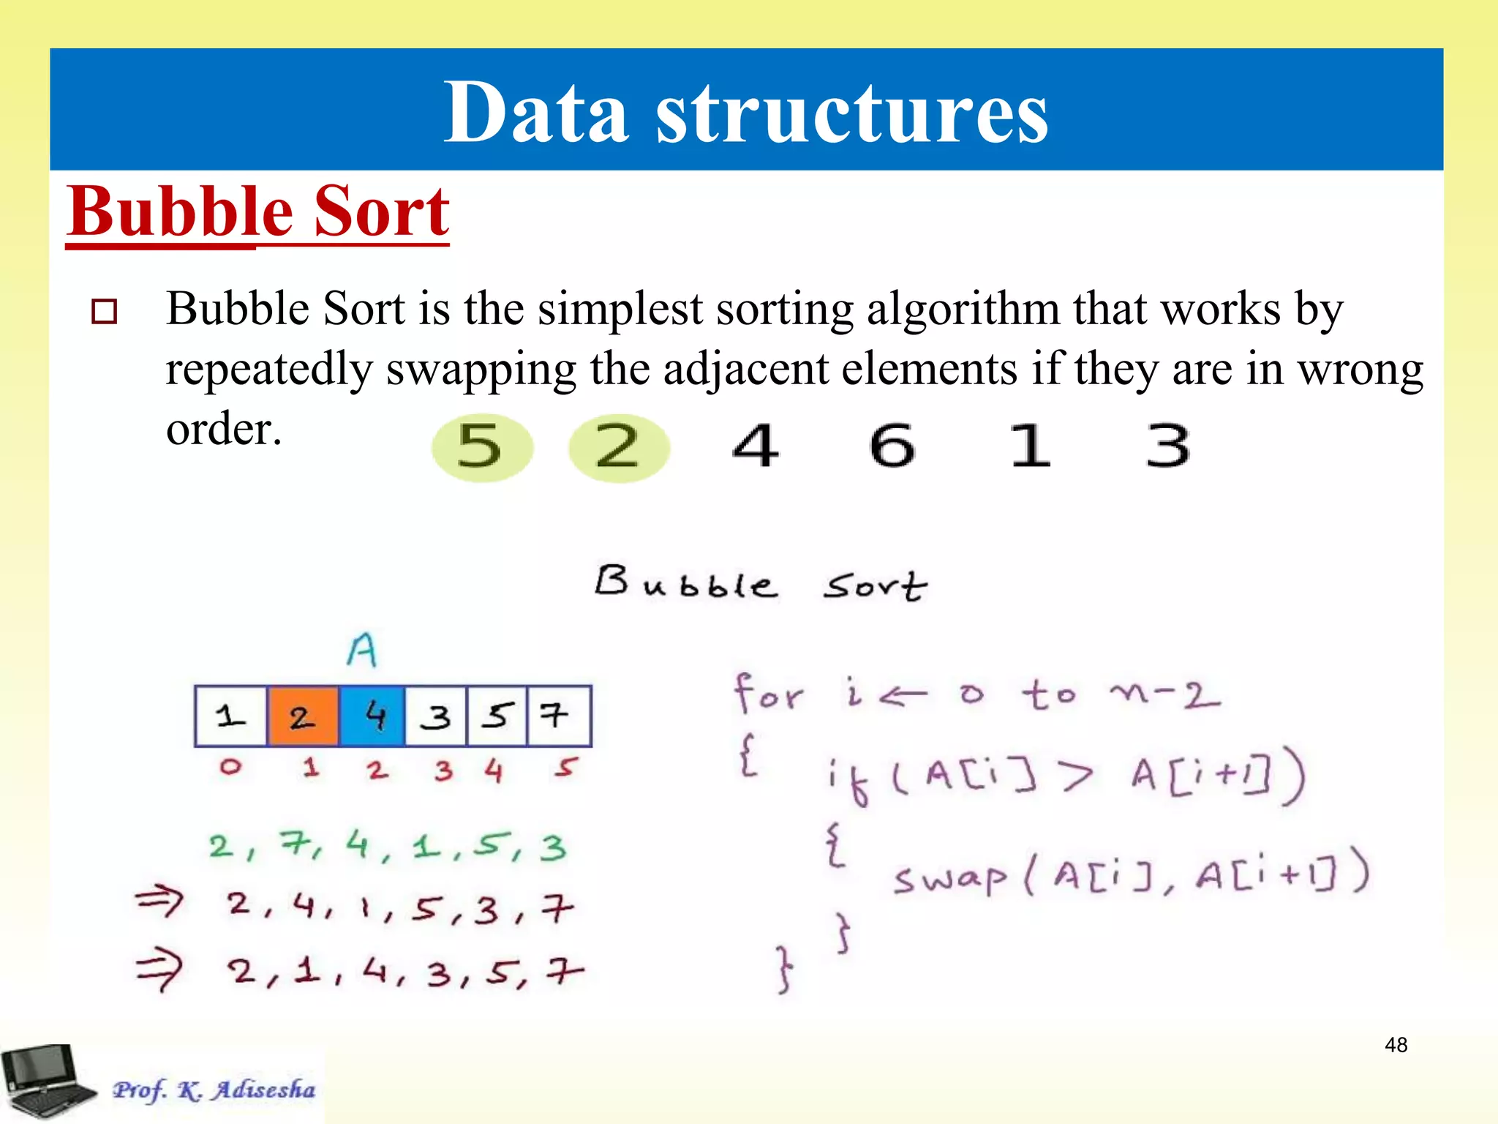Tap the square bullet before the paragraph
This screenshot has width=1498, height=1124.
click(x=104, y=311)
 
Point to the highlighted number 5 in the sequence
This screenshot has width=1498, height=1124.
click(x=480, y=446)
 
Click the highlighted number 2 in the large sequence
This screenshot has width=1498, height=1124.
click(x=618, y=446)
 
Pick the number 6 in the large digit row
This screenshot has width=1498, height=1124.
click(x=892, y=445)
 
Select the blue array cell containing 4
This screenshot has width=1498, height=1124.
click(x=372, y=716)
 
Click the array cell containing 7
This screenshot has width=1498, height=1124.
click(x=557, y=716)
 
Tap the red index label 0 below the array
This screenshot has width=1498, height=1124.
click(x=230, y=767)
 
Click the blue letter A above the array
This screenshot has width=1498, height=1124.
click(x=362, y=650)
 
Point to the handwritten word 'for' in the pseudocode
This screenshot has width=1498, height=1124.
click(x=768, y=693)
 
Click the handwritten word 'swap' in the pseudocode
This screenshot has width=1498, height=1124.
click(x=949, y=878)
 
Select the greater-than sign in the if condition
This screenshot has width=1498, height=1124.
click(x=1077, y=776)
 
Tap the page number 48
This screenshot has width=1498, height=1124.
click(x=1396, y=1044)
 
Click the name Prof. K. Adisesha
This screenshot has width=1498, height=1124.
click(x=214, y=1090)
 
